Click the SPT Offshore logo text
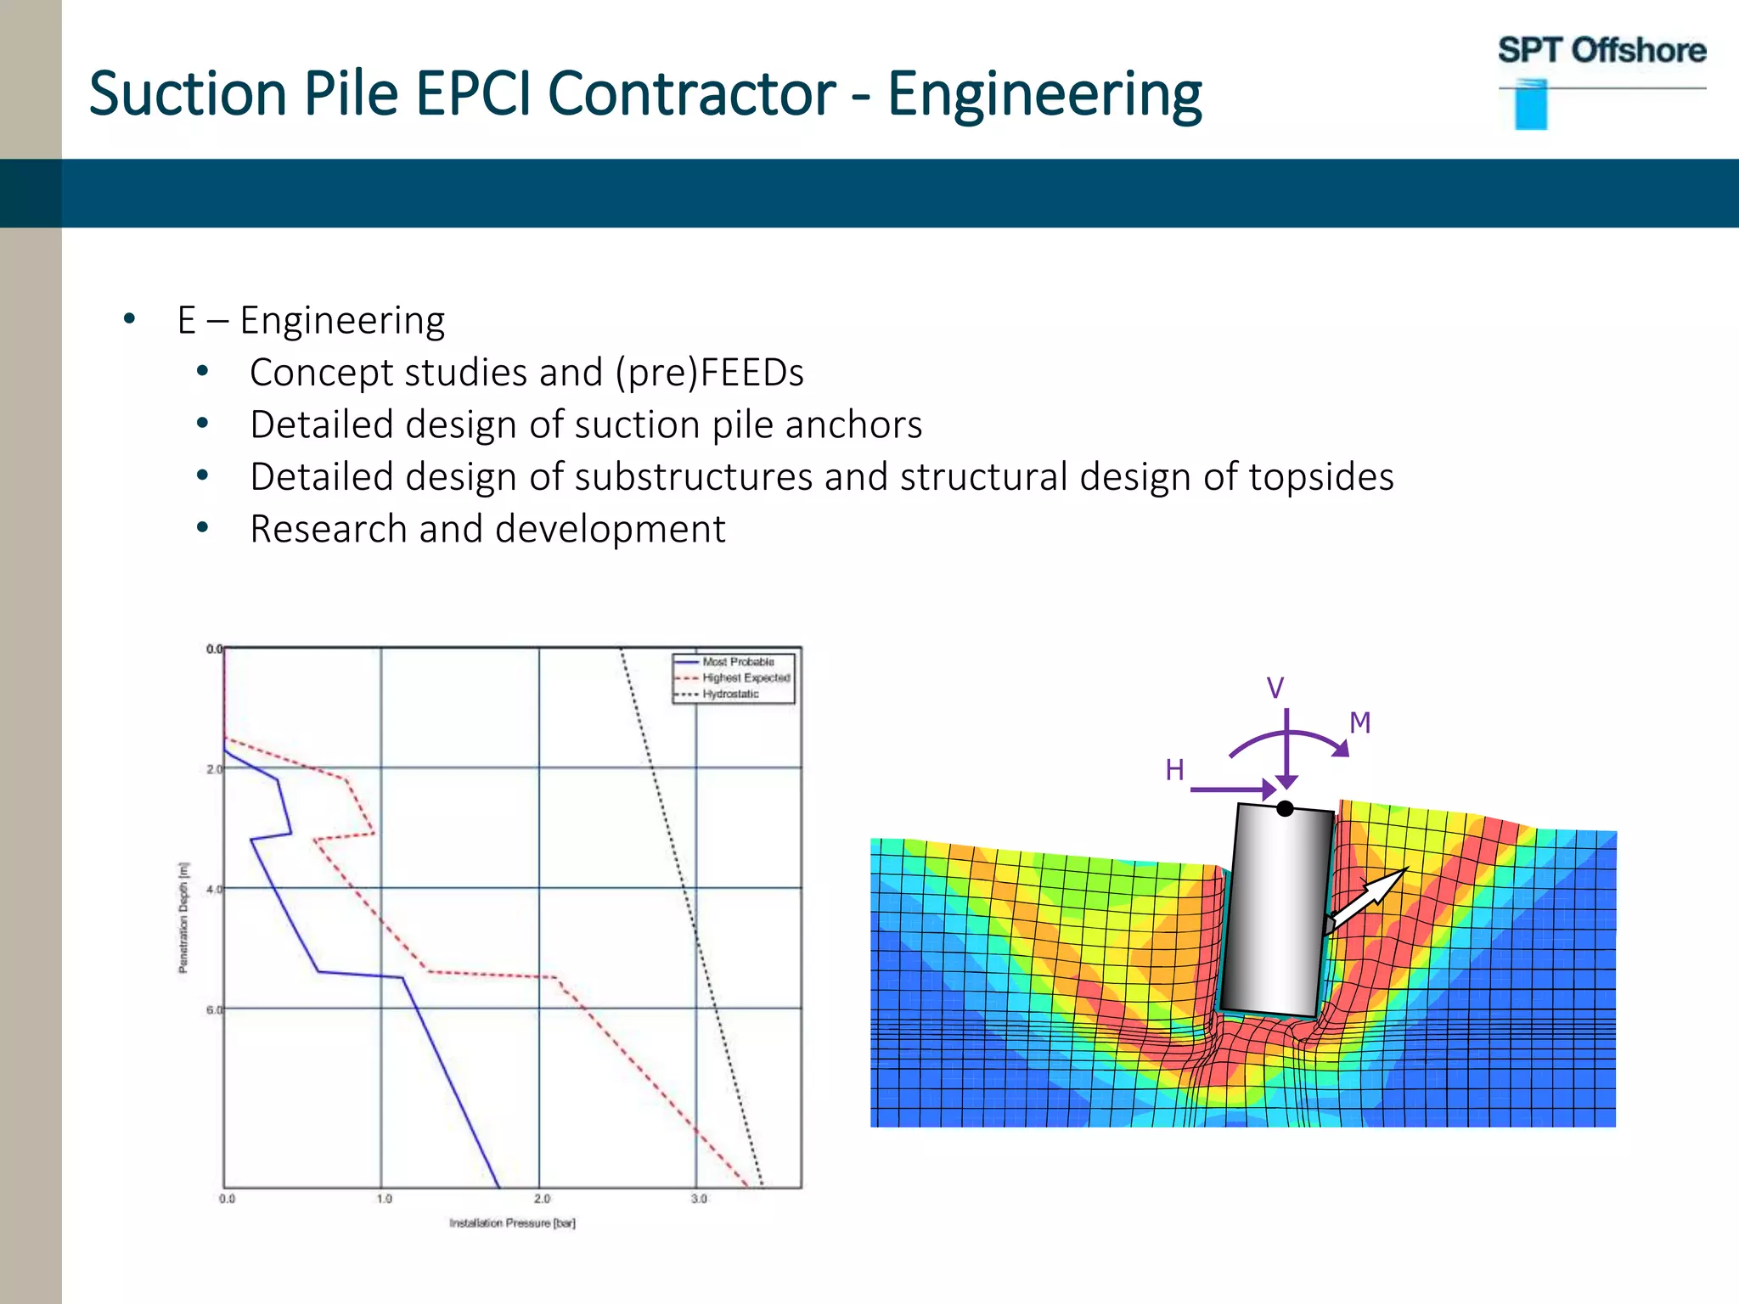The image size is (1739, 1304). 1601,51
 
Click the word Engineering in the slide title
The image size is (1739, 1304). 1044,93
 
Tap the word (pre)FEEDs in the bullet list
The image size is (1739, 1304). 709,374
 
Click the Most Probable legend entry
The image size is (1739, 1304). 737,661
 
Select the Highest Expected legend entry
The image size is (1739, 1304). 745,677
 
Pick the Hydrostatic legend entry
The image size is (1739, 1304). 729,694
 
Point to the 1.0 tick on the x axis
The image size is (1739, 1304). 384,1199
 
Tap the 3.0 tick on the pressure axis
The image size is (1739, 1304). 698,1199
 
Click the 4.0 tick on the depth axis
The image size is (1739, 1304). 213,889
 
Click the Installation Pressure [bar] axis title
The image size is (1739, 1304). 512,1223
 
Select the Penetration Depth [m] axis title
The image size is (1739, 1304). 183,917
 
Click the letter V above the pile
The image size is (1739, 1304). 1275,688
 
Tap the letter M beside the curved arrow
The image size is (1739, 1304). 1359,723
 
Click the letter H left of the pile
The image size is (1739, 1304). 1174,770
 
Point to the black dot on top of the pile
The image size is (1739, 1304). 1285,808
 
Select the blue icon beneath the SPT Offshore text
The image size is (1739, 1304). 1531,106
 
